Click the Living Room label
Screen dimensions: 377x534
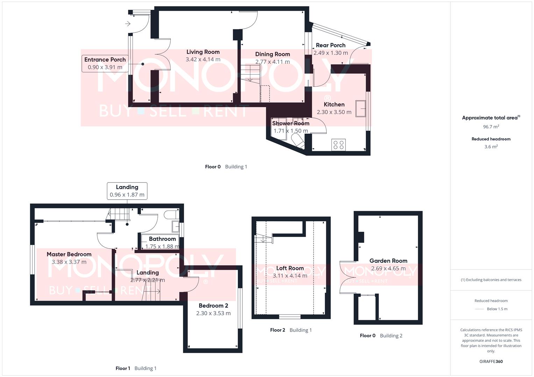click(203, 52)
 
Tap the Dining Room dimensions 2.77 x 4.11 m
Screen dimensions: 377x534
click(272, 62)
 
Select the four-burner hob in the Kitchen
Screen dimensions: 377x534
click(338, 145)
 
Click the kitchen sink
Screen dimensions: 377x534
click(361, 108)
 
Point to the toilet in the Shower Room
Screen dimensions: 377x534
click(298, 142)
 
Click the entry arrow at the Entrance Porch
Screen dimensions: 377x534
click(128, 24)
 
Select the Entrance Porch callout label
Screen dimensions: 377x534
click(105, 63)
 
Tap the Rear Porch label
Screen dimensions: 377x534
click(330, 45)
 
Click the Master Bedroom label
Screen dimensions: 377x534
click(69, 254)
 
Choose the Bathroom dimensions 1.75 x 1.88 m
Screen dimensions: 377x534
click(162, 246)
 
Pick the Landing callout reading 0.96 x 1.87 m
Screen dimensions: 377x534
click(127, 191)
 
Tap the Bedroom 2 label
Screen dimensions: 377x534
click(213, 306)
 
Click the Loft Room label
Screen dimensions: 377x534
click(290, 268)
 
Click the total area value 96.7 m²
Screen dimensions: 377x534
click(491, 127)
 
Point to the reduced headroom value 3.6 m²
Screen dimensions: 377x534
click(491, 147)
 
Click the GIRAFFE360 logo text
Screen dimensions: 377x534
click(491, 362)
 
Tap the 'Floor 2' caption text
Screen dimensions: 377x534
click(278, 330)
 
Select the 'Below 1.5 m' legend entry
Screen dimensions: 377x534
click(497, 309)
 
